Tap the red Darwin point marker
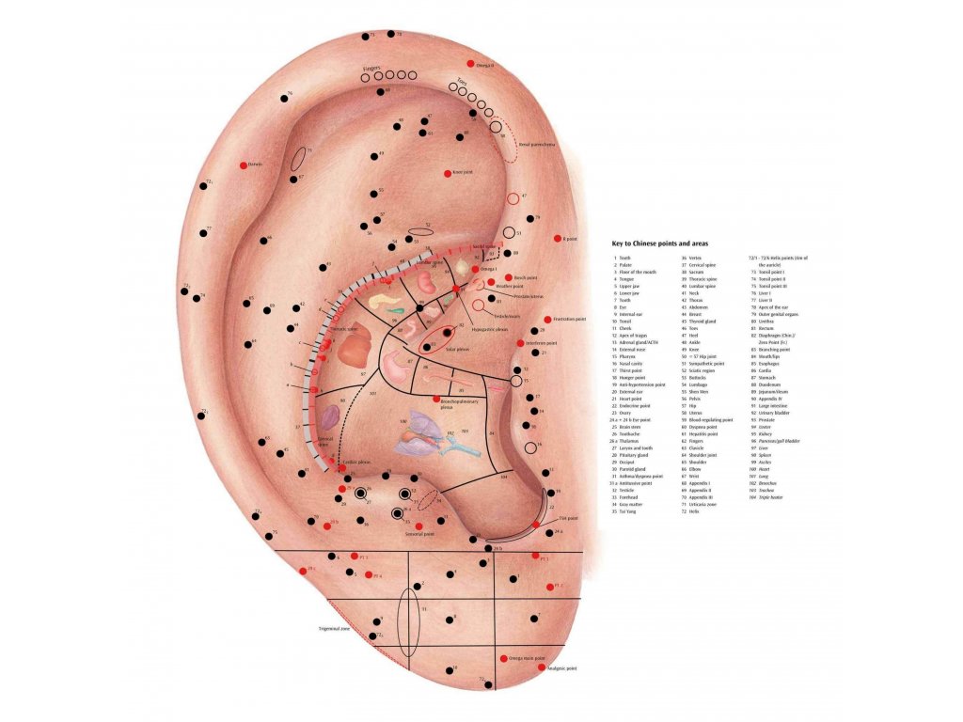pos(243,165)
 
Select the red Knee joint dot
pos(448,173)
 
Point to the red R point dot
pos(557,239)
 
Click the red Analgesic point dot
pos(541,667)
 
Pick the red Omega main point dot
pos(504,658)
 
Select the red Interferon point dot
pos(519,343)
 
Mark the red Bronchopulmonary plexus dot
pos(435,400)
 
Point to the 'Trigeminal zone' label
pos(333,628)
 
